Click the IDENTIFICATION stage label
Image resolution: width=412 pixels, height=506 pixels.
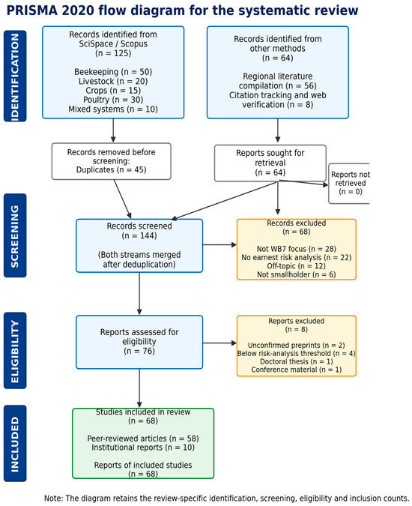click(15, 76)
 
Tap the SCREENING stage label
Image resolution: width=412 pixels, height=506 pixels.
click(15, 235)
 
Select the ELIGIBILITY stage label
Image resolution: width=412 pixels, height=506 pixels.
click(15, 351)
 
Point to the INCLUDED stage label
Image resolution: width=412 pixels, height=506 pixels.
click(15, 443)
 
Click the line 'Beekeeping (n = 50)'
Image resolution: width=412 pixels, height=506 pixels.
click(113, 72)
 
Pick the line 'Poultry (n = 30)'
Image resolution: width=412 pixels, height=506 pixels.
click(113, 100)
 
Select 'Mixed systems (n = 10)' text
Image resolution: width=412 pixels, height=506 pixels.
click(113, 109)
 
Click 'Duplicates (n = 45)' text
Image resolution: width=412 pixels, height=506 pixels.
click(111, 169)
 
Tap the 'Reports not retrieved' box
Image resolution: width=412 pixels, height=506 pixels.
click(349, 184)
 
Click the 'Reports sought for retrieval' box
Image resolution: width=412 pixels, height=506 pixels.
click(270, 163)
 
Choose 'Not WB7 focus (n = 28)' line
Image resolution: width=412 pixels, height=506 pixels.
click(297, 249)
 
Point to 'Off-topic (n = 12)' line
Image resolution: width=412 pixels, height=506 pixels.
click(297, 266)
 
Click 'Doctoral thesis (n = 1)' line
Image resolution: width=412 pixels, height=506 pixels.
click(297, 361)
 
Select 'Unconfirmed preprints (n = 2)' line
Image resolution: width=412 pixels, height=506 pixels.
click(297, 345)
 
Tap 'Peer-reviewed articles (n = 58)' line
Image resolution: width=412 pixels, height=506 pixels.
click(143, 439)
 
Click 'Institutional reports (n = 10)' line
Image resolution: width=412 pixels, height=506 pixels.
click(143, 448)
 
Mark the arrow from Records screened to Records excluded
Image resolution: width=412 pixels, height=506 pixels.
click(220, 245)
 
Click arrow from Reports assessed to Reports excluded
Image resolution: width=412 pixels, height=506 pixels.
click(220, 343)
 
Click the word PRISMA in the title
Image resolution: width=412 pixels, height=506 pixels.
click(32, 10)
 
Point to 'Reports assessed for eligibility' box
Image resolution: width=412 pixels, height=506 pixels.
click(139, 342)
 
